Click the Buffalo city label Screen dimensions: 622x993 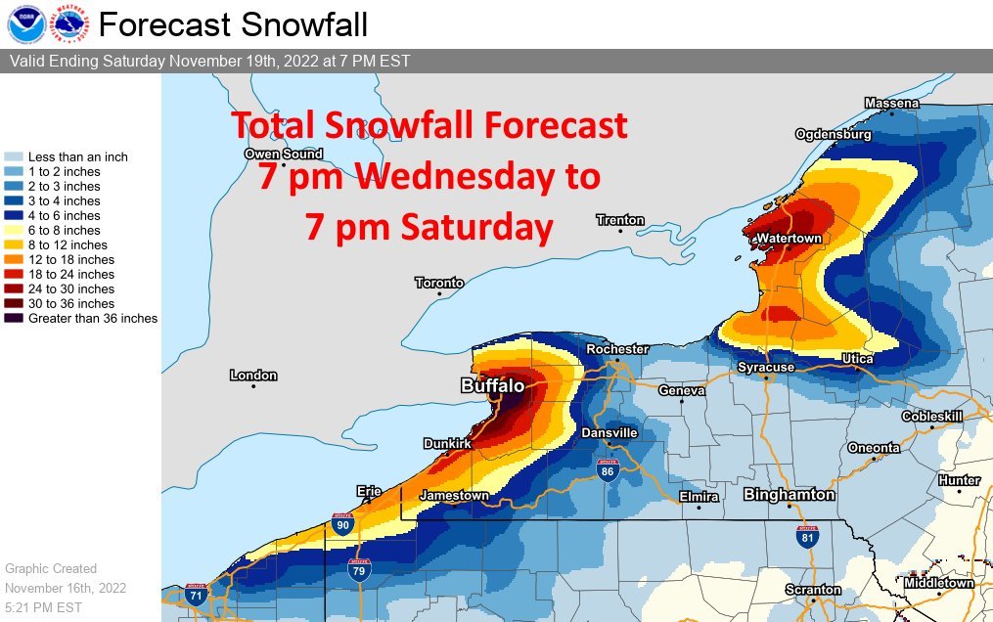[492, 386]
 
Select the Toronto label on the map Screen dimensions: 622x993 [438, 283]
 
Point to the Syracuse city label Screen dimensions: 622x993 [766, 367]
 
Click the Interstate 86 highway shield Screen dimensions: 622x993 [609, 470]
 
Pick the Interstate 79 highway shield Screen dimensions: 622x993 [359, 568]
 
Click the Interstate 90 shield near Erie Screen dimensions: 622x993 [341, 525]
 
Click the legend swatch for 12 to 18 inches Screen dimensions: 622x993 [15, 260]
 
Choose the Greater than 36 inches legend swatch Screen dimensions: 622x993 [15, 319]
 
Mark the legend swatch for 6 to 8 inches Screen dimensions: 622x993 [15, 231]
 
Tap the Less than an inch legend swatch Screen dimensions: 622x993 [15, 156]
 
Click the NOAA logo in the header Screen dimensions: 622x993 [23, 23]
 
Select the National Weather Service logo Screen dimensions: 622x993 [67, 23]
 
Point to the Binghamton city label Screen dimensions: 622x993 [788, 494]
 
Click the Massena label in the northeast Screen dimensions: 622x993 [891, 103]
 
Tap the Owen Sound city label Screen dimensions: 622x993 [283, 154]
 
